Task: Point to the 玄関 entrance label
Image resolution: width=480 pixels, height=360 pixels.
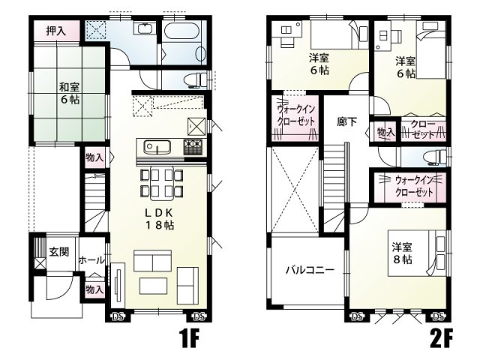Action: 59,252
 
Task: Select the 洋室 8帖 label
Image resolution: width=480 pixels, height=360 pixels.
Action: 400,252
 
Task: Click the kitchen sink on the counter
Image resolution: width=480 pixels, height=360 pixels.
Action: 155,145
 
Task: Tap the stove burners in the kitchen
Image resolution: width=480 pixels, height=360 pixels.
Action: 193,146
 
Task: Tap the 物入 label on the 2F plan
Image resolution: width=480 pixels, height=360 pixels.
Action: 385,133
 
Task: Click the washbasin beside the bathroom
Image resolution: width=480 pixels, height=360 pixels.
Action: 143,31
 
